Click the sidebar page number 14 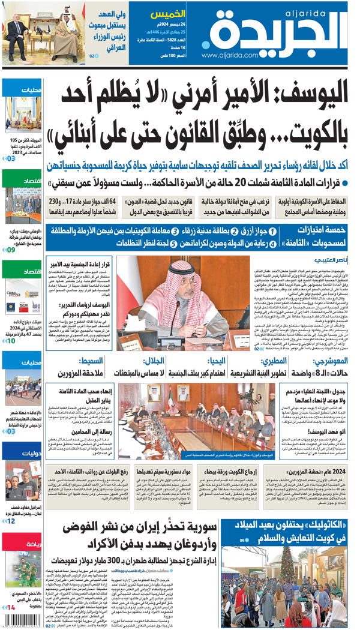coord(11,608)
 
